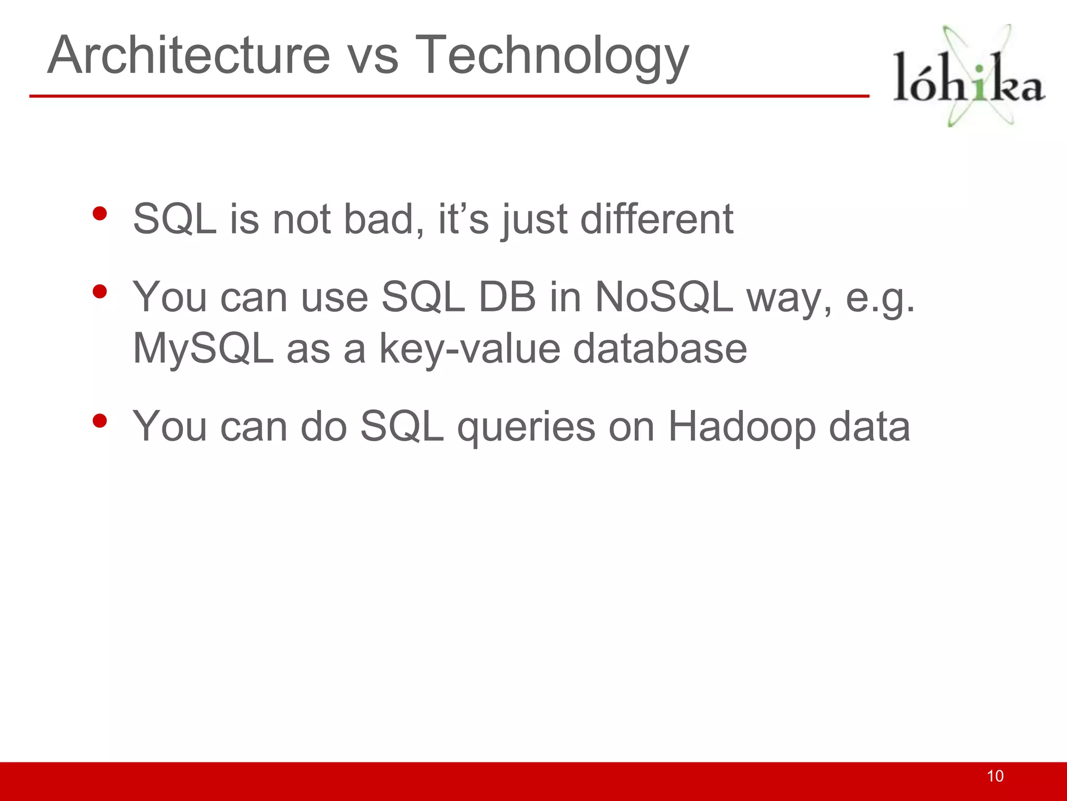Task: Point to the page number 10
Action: pyautogui.click(x=995, y=776)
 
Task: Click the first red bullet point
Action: pyautogui.click(x=99, y=213)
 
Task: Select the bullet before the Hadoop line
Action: pyautogui.click(x=99, y=421)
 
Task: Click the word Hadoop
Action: pyautogui.click(x=741, y=427)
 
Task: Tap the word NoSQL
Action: pyautogui.click(x=664, y=297)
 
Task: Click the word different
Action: pyautogui.click(x=656, y=219)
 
